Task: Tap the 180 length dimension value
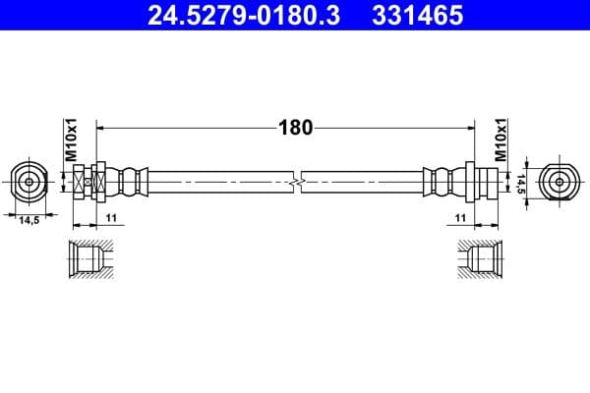pyautogui.click(x=295, y=127)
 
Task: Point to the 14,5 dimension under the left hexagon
pyautogui.click(x=29, y=221)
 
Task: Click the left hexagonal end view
pyautogui.click(x=29, y=181)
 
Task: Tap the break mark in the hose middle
pyautogui.click(x=296, y=182)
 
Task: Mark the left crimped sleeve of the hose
pyautogui.click(x=130, y=182)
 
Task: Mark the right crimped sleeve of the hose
pyautogui.click(x=440, y=182)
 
